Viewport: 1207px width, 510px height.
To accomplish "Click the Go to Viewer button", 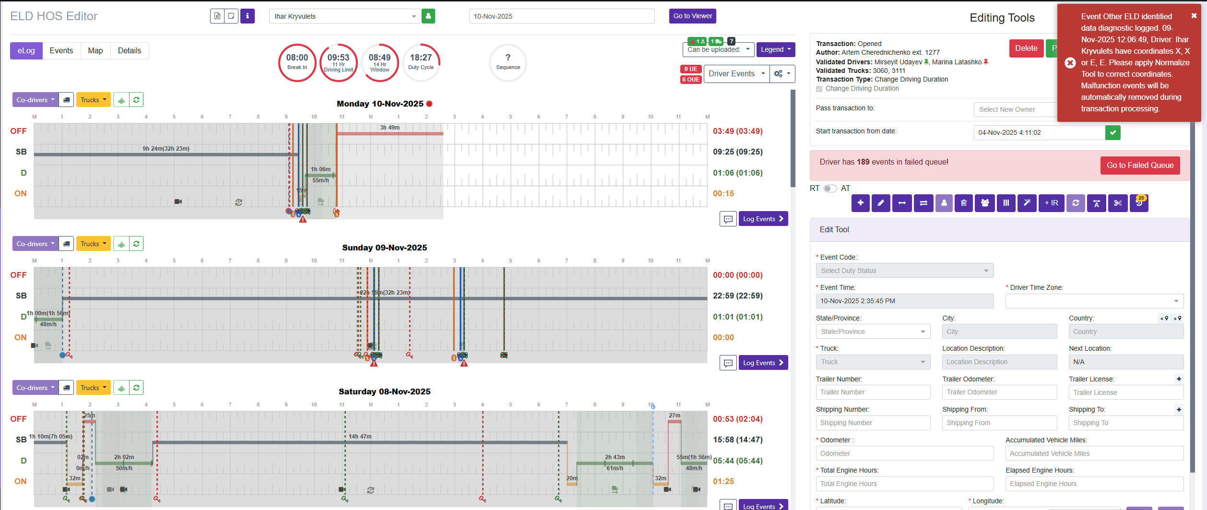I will [692, 16].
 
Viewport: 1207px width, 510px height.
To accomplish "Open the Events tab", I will [61, 51].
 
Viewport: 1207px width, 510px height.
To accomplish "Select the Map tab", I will [95, 51].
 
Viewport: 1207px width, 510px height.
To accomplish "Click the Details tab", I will [130, 51].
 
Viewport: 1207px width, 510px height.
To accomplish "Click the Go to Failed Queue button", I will [1140, 166].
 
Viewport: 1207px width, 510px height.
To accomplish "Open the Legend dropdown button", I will [775, 50].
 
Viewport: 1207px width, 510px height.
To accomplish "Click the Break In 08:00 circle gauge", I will [297, 62].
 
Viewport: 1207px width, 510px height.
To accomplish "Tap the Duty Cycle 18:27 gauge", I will [421, 62].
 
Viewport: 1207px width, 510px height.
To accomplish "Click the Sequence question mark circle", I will [508, 62].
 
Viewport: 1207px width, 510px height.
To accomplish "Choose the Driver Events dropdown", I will [736, 74].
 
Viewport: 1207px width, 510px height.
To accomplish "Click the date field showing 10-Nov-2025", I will [561, 16].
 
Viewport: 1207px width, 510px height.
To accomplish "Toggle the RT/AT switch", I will [830, 189].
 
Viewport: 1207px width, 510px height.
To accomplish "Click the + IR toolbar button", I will [1051, 203].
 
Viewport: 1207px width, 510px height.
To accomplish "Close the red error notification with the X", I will [1194, 16].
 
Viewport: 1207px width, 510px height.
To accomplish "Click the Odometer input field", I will [904, 453].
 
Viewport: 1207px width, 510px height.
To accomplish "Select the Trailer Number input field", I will [873, 392].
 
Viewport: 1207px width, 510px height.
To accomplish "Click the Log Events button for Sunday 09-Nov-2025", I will [763, 363].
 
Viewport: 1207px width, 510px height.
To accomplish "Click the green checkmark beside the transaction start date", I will [1112, 132].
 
